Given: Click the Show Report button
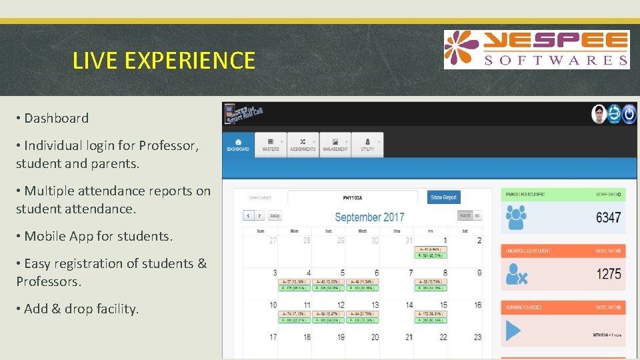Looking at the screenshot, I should point(443,197).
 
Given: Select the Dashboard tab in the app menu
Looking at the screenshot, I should point(238,144).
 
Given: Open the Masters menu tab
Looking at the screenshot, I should point(271,144).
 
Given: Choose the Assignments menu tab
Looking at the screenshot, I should point(303,144).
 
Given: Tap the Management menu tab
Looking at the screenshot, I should point(335,144).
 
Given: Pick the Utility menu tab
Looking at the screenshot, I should point(367,144).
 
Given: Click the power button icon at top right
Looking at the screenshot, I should point(629,114).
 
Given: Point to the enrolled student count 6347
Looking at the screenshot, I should point(608,217).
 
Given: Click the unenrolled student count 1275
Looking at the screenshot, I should point(608,274).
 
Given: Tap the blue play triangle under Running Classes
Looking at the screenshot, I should point(513,331).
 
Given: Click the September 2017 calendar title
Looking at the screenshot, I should point(369,217).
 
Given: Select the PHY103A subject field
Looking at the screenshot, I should point(353,197).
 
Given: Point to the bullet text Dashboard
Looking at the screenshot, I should point(56,118).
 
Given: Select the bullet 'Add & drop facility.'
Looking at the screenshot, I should point(81,309).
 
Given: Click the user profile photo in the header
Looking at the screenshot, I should point(599,114).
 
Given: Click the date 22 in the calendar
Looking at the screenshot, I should point(443,337).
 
